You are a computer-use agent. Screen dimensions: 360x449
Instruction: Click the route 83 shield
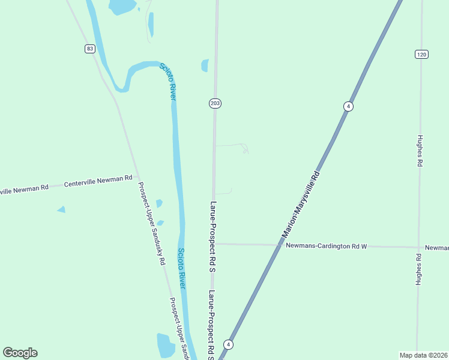pos(89,49)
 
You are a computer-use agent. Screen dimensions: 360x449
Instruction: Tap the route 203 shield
pos(215,103)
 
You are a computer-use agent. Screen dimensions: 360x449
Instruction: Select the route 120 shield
pos(421,54)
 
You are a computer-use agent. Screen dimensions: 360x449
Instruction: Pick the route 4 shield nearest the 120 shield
pos(348,106)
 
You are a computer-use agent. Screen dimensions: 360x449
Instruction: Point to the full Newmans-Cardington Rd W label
pos(326,245)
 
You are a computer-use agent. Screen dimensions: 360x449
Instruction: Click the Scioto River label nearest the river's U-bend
pos(168,80)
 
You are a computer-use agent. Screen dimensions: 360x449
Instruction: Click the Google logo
pos(20,353)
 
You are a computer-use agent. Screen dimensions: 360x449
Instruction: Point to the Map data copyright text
pos(423,355)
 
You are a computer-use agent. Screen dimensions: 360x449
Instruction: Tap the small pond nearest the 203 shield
pos(205,65)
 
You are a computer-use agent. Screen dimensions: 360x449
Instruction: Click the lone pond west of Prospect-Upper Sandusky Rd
pos(61,209)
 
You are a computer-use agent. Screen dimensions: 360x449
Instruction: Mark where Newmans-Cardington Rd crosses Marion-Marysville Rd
pos(281,245)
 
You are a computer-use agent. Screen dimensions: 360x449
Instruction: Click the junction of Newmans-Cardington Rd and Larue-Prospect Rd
pos(215,244)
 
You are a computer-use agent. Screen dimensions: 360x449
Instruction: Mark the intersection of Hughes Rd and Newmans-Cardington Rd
pos(418,247)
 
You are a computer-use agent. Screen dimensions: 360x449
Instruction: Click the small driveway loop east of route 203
pos(245,149)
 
